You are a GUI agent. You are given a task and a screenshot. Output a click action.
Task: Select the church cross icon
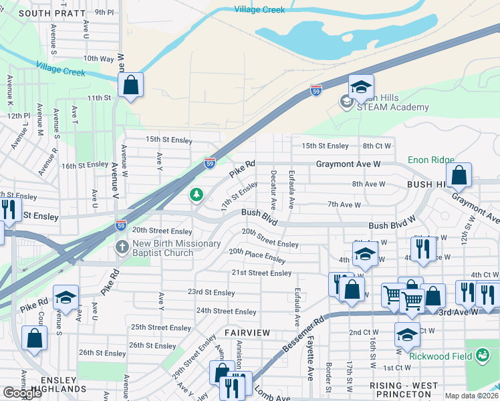click(x=122, y=248)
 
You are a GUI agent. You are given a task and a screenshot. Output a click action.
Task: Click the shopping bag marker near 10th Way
click(x=130, y=86)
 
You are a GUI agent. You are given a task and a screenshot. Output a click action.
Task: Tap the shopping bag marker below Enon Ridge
click(x=459, y=176)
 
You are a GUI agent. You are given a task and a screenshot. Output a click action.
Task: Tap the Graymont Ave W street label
click(x=348, y=163)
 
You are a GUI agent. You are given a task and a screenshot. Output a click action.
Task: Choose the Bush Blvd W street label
click(x=392, y=226)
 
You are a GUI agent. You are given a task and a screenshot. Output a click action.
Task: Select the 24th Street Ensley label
click(x=226, y=311)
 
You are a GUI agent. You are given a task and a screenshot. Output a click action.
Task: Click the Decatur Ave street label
click(x=273, y=186)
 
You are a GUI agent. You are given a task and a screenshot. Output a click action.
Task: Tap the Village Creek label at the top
click(x=259, y=9)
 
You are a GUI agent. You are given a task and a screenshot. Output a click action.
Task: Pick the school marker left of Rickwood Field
click(x=407, y=336)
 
